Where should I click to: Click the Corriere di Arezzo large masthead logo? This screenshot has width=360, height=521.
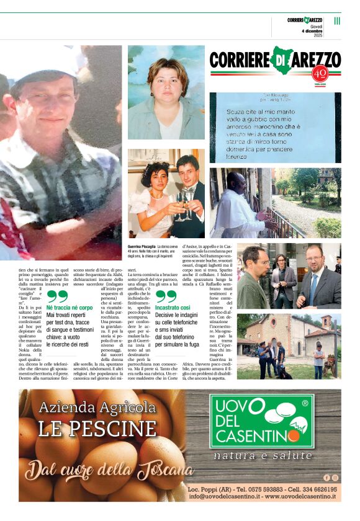pos(274,60)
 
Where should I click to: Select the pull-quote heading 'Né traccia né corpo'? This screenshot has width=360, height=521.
pos(70,307)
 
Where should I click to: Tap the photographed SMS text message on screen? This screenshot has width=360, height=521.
pos(275,127)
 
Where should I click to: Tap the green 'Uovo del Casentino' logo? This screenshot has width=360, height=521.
pos(261,421)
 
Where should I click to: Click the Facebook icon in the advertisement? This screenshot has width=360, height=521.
pos(326,477)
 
